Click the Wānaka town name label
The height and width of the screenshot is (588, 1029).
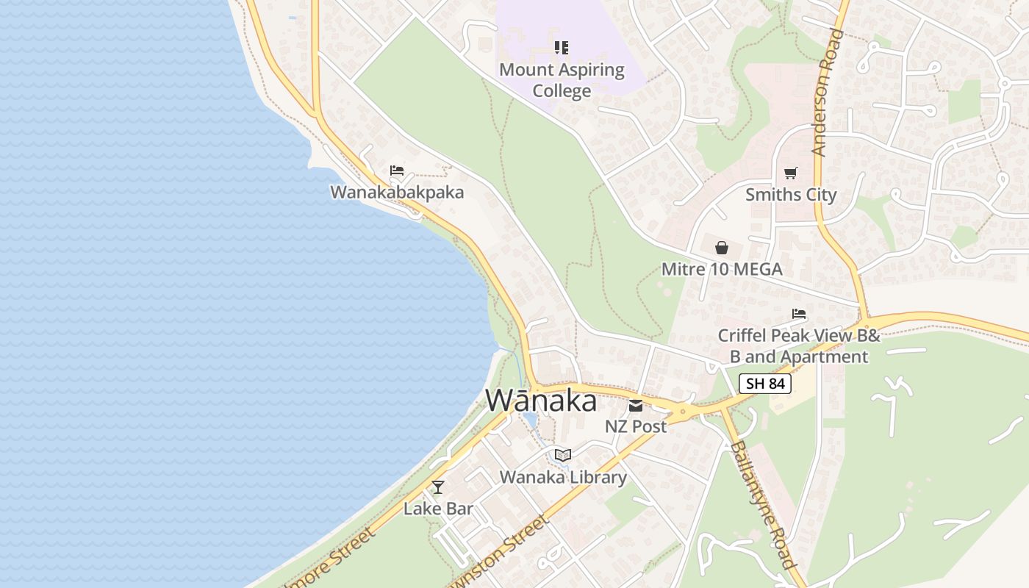(541, 401)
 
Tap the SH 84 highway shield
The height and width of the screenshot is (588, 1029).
(765, 384)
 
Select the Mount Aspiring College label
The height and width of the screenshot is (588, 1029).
(562, 80)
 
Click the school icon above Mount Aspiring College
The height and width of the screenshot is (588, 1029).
(562, 49)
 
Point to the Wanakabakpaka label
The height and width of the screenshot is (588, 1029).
(397, 193)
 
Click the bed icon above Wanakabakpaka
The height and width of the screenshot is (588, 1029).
(397, 171)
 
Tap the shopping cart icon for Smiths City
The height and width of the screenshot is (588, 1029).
(791, 173)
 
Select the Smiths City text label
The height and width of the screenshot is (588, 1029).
(791, 195)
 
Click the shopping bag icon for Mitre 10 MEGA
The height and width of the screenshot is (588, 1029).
(722, 248)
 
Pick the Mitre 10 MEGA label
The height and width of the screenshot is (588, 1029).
(722, 269)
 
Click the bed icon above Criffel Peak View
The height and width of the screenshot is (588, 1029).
(799, 314)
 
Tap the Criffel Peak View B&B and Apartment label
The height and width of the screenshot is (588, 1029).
(799, 346)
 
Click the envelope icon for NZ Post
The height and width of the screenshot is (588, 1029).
(636, 405)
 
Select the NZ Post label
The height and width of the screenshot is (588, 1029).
(636, 426)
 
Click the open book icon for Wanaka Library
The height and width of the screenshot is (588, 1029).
(563, 456)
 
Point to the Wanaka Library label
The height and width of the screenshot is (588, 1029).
(563, 477)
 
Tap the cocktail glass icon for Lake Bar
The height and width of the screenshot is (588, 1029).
(438, 487)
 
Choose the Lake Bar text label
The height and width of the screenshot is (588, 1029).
(438, 509)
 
